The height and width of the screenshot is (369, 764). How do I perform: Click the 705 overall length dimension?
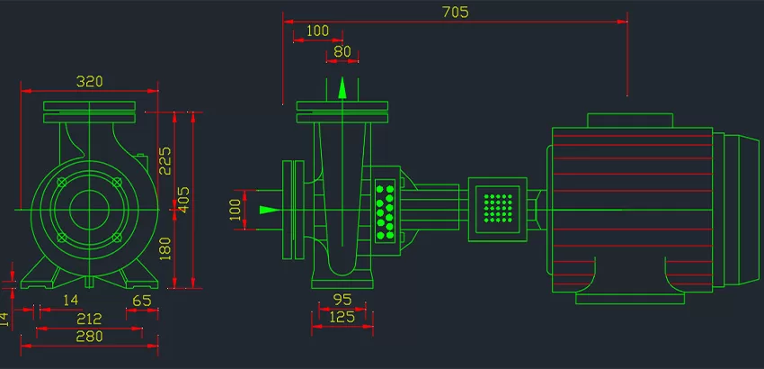pyautogui.click(x=456, y=13)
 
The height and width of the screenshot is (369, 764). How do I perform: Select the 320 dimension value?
pyautogui.click(x=89, y=81)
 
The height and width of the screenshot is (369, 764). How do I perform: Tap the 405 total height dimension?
pyautogui.click(x=183, y=198)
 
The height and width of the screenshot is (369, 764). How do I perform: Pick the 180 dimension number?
pyautogui.click(x=164, y=247)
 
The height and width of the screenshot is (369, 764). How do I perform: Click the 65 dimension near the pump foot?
pyautogui.click(x=141, y=300)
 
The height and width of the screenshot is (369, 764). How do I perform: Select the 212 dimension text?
pyautogui.click(x=89, y=318)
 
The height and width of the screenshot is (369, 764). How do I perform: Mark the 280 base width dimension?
pyautogui.click(x=89, y=336)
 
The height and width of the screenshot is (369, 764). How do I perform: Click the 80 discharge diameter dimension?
pyautogui.click(x=342, y=51)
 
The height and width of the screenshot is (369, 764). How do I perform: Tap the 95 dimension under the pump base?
pyautogui.click(x=342, y=299)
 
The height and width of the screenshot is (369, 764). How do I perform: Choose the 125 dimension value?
pyautogui.click(x=342, y=317)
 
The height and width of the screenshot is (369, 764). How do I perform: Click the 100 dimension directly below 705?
pyautogui.click(x=317, y=31)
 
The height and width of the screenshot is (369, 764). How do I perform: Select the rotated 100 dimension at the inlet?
pyautogui.click(x=236, y=209)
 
